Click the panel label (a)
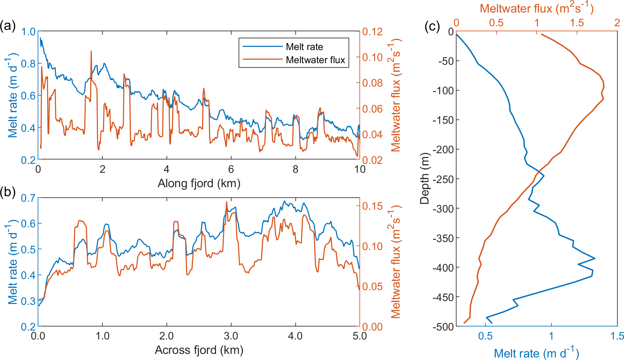8,26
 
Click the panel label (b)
8,192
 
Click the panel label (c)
432,26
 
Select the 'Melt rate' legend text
304,47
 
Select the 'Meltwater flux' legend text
315,60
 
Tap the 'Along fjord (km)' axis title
199,183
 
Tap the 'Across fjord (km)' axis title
199,350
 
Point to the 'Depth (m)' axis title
424,179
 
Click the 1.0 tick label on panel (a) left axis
28,32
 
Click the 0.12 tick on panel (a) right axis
372,32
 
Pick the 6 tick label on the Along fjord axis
231,169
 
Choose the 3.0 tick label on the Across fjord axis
231,336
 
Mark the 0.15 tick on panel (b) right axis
372,206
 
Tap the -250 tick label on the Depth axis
443,179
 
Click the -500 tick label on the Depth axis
443,327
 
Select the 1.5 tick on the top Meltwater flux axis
577,23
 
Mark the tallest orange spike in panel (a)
91,51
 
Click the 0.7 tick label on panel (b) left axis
28,198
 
